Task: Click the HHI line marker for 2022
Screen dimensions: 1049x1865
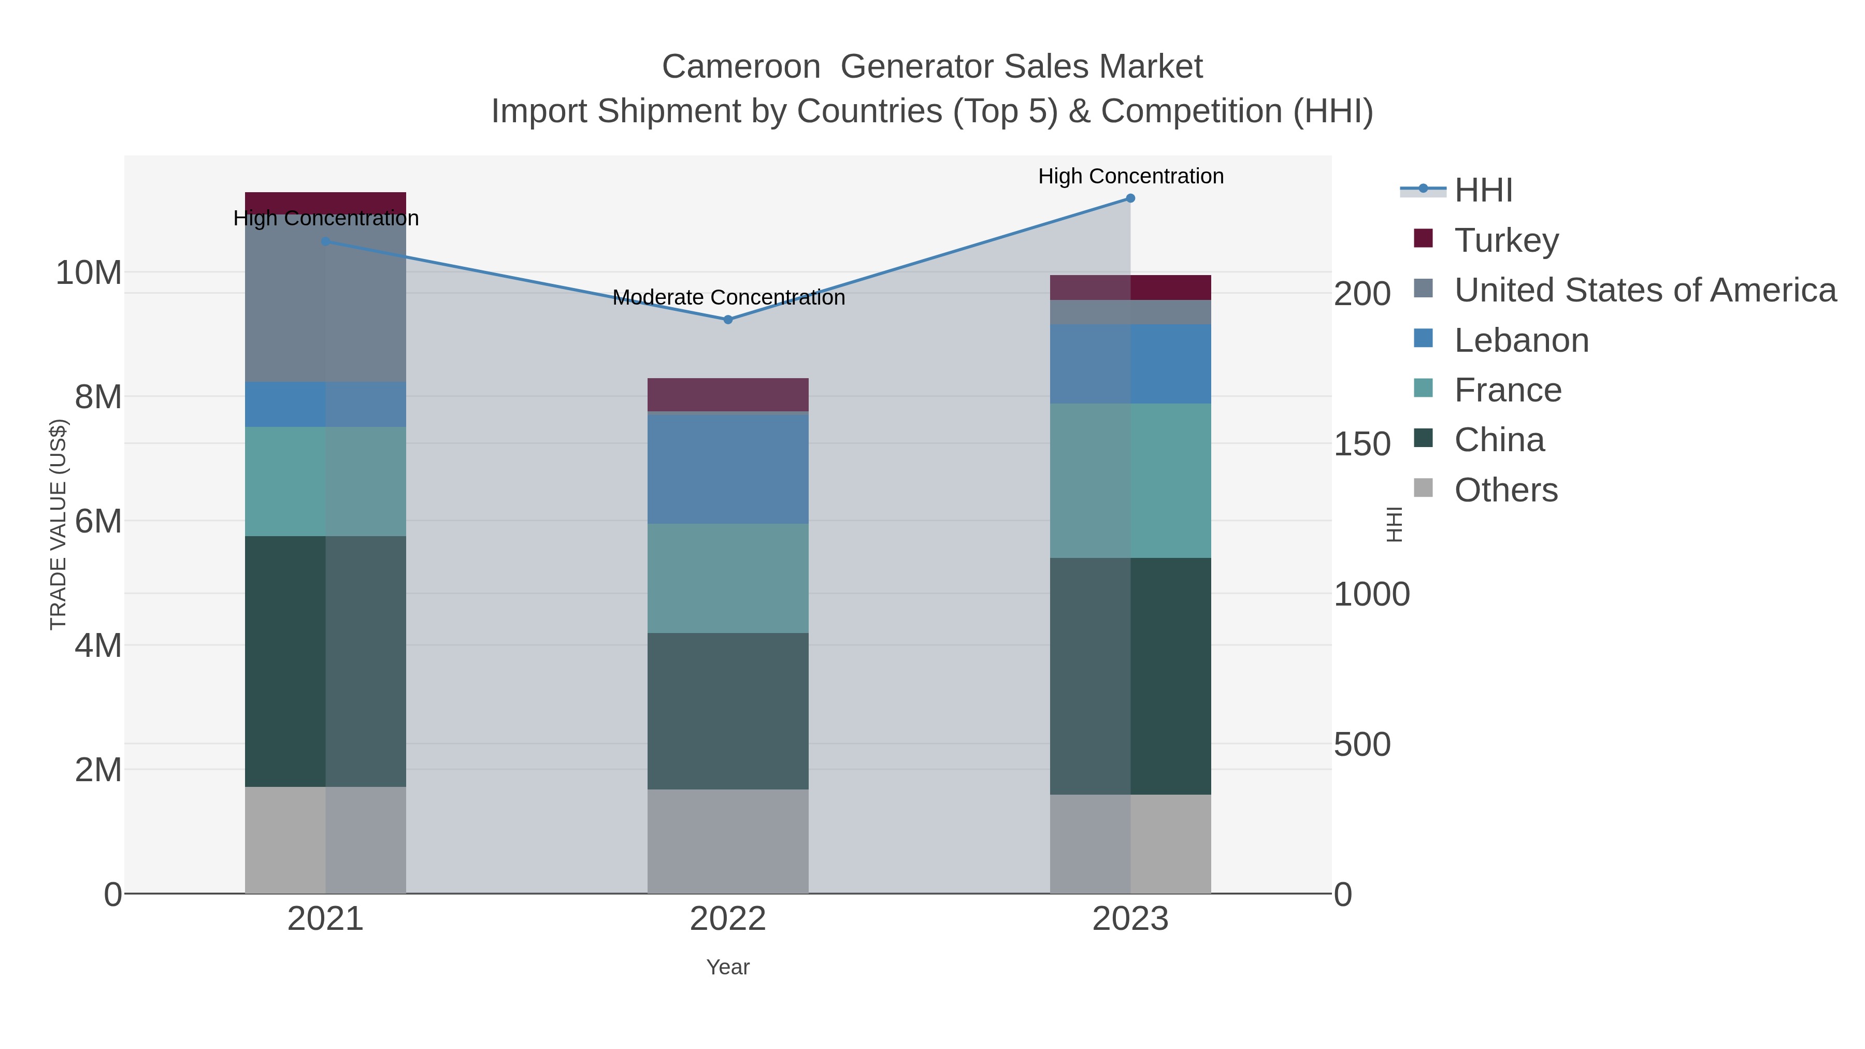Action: coord(728,319)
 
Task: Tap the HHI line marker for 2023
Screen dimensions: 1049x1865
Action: coord(1130,198)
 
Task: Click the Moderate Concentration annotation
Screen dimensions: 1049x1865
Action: coord(728,297)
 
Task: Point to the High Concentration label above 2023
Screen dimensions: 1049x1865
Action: coord(1130,176)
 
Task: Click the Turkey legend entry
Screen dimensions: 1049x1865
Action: coord(1506,240)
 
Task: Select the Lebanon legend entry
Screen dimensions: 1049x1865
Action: coord(1521,340)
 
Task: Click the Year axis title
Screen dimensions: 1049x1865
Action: coord(728,967)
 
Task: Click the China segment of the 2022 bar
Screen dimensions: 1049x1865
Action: coord(728,711)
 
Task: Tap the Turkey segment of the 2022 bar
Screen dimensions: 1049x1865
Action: coord(728,395)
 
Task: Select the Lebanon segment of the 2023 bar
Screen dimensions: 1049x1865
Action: coord(1130,364)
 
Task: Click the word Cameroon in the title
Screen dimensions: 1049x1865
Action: coord(741,67)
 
